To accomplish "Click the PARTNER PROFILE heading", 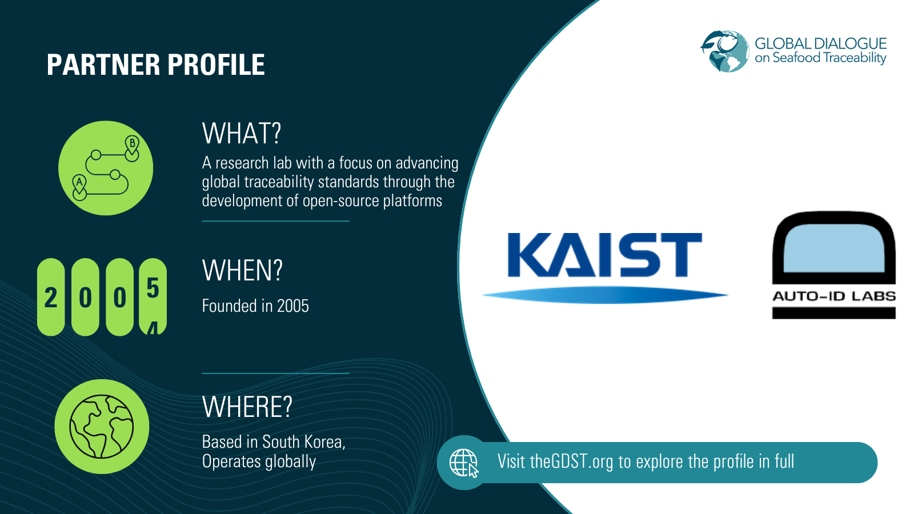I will coord(155,65).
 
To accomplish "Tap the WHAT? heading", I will coord(242,134).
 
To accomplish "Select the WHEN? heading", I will coord(242,271).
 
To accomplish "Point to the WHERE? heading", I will coord(247,407).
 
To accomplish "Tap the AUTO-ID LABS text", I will coord(833,296).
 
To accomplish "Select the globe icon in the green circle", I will coord(102,427).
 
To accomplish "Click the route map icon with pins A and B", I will coord(106,168).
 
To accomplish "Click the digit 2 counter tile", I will coord(51,297).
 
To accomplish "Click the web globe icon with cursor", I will coord(463,462).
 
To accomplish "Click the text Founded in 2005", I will coord(255,306).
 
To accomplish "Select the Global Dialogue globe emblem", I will coord(725,51).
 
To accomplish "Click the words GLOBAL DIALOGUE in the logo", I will coord(820,43).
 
